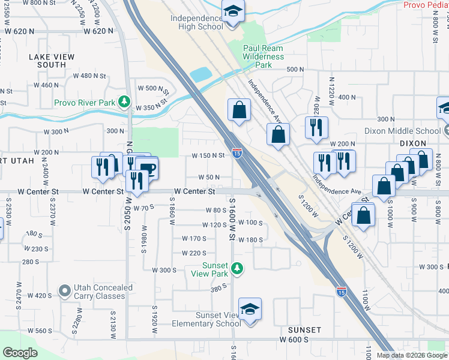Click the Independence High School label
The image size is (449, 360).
(x=196, y=23)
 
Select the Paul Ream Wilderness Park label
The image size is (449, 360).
(x=263, y=56)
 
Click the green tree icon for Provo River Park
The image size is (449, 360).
(x=124, y=102)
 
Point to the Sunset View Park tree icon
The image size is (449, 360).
(x=238, y=268)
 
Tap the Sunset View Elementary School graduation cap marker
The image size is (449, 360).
(x=250, y=310)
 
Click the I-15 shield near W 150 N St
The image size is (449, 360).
(x=237, y=154)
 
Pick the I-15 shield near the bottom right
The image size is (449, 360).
(x=341, y=292)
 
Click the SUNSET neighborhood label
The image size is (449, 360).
(x=304, y=330)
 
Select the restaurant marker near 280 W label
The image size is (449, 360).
(x=316, y=128)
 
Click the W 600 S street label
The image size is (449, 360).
(x=294, y=340)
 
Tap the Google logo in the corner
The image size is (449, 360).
(x=20, y=353)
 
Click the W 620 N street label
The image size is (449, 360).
(x=98, y=31)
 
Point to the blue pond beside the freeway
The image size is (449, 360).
(x=200, y=75)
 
